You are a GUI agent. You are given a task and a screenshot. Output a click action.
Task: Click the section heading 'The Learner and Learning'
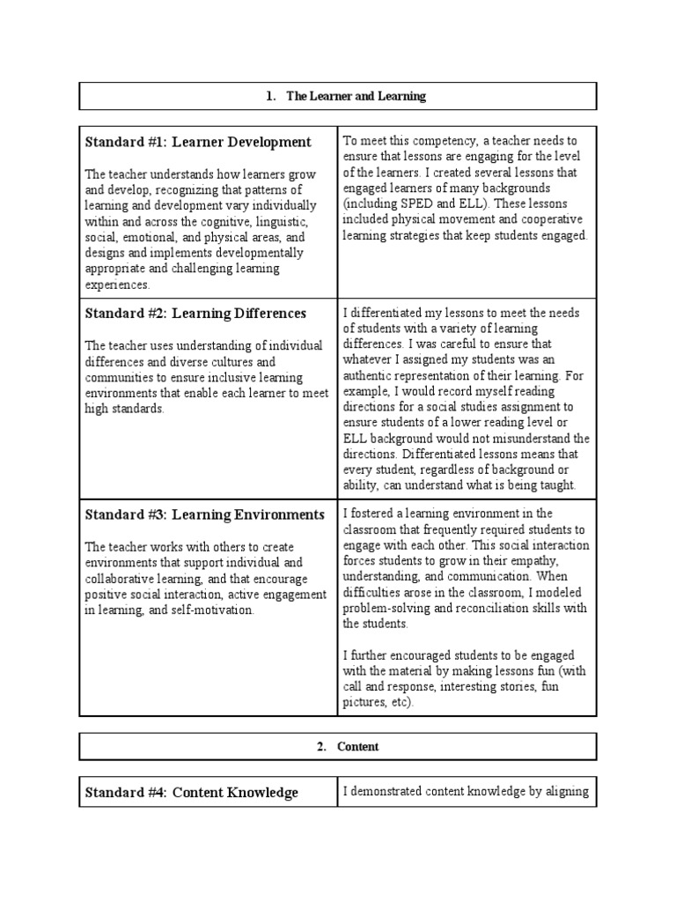(356, 96)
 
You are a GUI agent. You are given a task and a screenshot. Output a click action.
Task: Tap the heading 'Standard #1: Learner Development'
(198, 142)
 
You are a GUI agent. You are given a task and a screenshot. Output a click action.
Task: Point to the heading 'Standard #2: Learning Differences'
(195, 313)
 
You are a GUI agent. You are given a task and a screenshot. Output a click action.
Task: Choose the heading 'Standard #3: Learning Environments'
(204, 514)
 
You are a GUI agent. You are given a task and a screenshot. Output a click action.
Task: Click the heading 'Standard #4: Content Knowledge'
(191, 793)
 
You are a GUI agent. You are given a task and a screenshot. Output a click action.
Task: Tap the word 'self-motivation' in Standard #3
(211, 610)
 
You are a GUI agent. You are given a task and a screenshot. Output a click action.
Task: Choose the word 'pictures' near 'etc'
(364, 703)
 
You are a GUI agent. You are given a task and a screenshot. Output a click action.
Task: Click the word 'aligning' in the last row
(565, 791)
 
